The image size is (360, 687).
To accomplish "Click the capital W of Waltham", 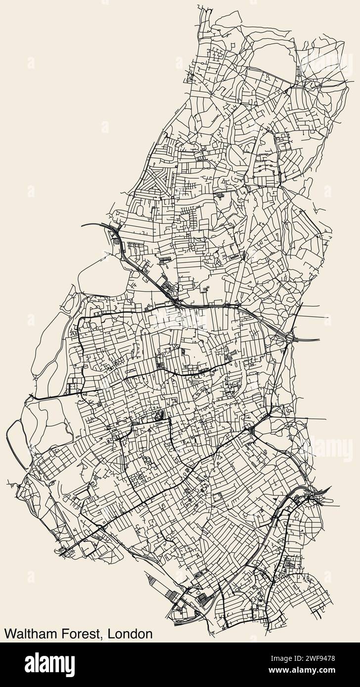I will click(9, 634).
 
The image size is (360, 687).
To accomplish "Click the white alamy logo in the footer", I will click(49, 664).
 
